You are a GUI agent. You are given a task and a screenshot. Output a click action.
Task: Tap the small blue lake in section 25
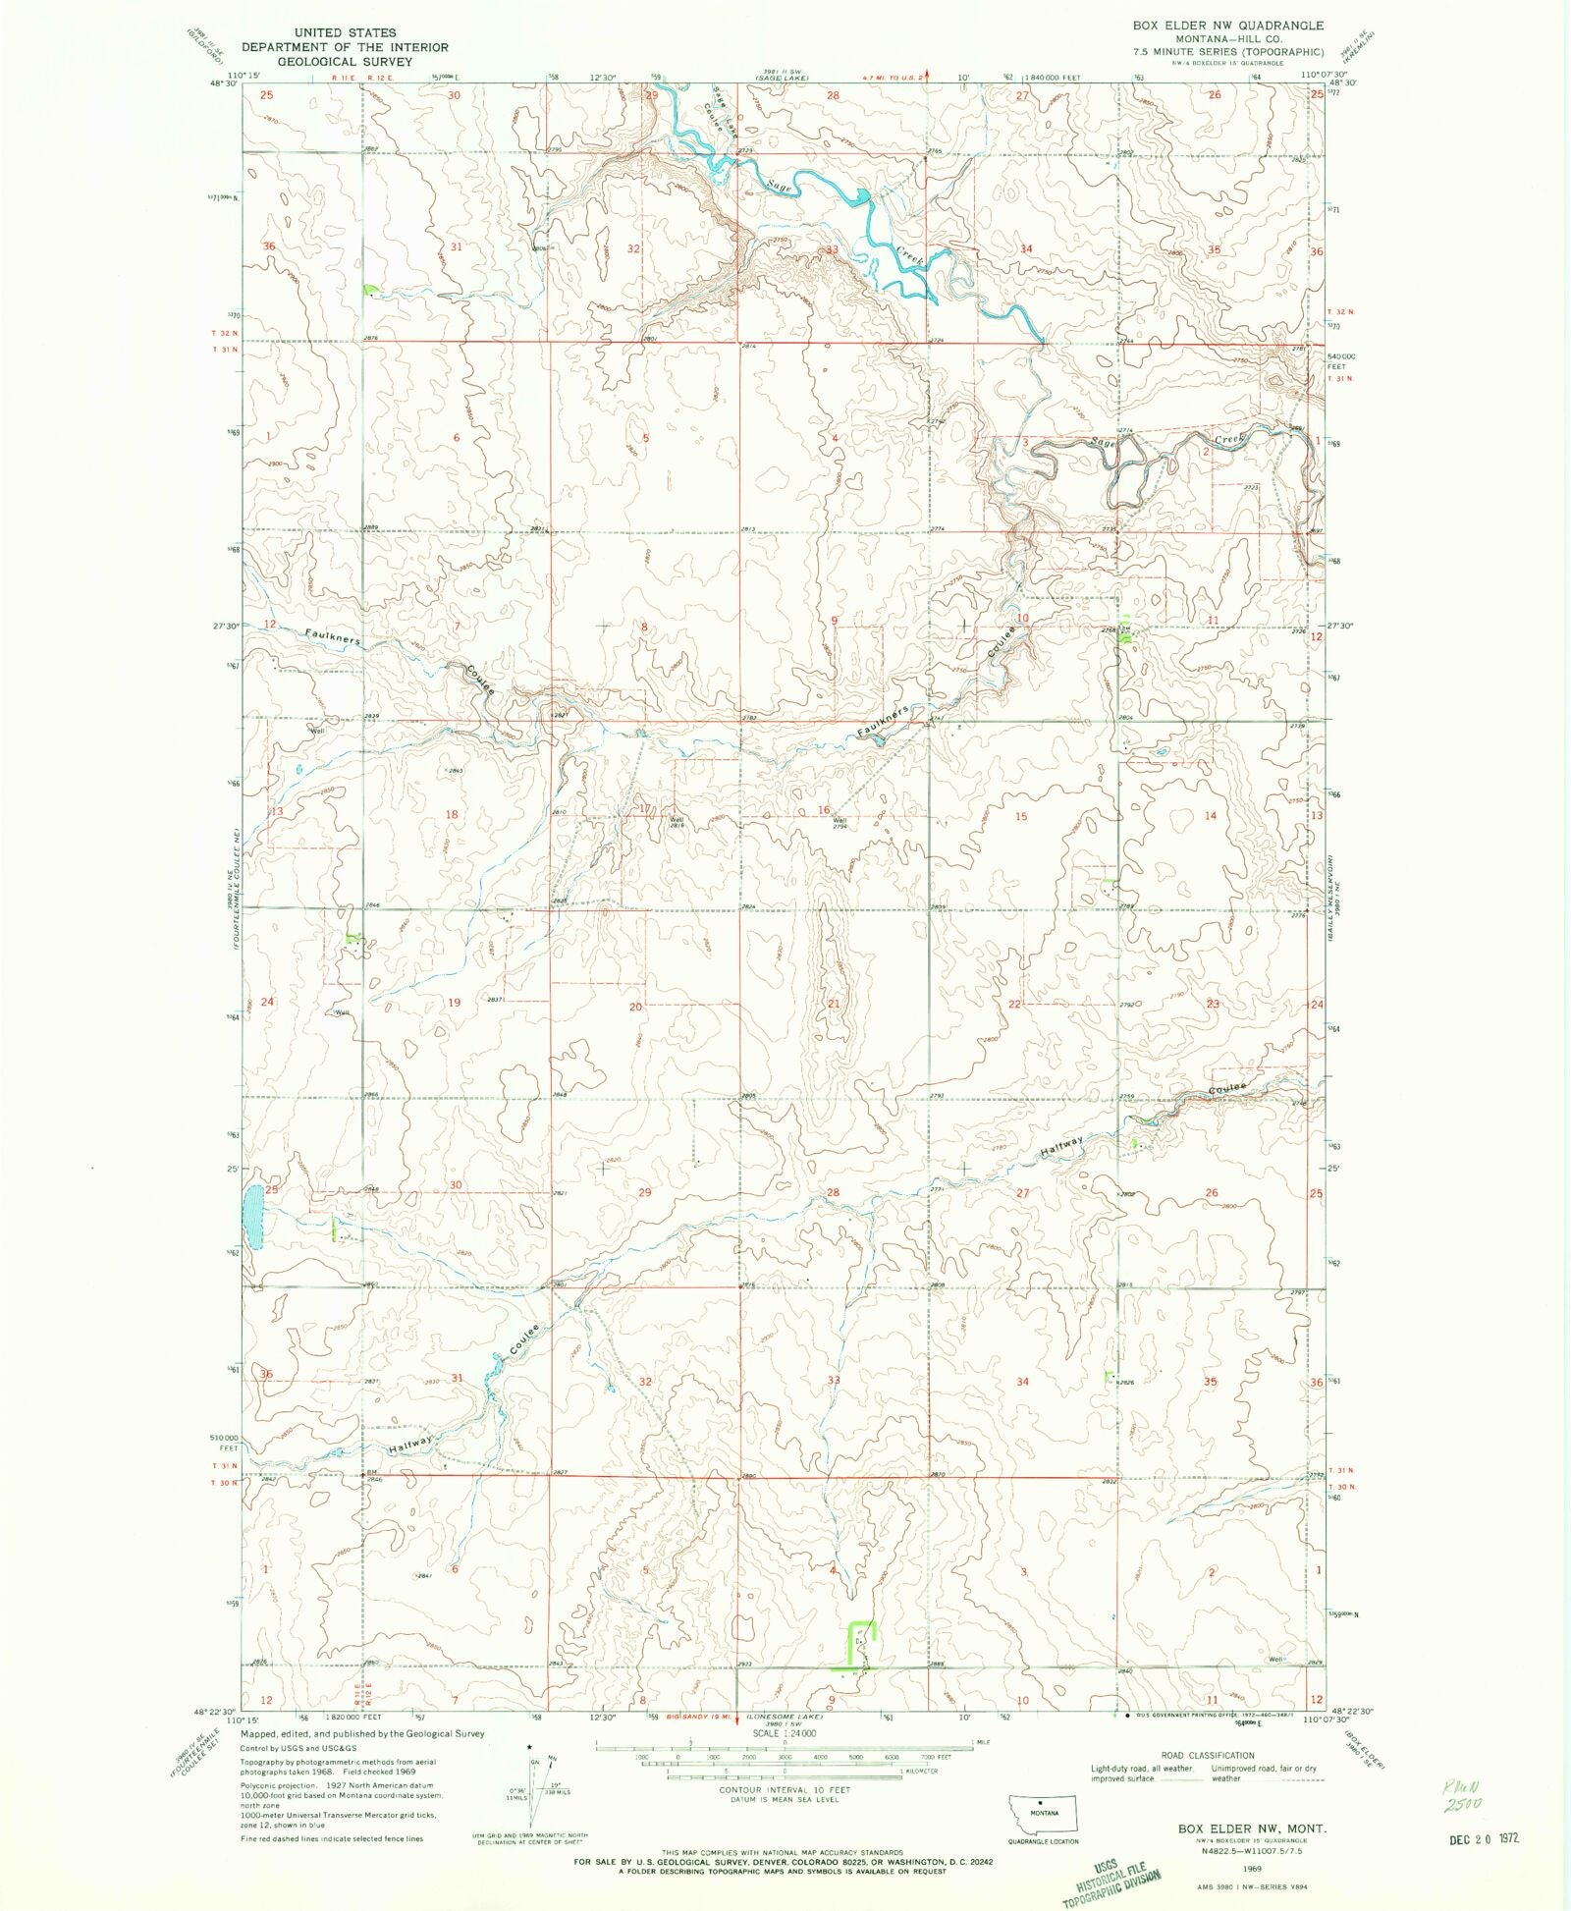click(x=253, y=1217)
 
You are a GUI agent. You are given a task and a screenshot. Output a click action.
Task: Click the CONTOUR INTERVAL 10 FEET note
click(x=785, y=1789)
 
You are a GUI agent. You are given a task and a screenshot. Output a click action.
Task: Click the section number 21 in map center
click(x=834, y=1004)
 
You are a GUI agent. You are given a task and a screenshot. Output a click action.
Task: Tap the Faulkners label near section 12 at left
click(x=332, y=637)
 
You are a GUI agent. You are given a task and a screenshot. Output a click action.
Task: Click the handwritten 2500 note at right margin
click(x=1461, y=1804)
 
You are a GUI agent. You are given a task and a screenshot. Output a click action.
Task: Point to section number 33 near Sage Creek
click(x=832, y=249)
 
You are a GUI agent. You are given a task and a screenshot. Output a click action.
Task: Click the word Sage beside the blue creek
click(x=781, y=185)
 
